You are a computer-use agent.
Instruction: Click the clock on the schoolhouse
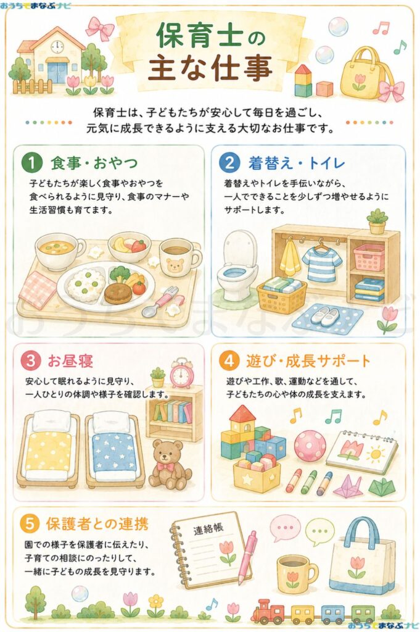tap(57, 46)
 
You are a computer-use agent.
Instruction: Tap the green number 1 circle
tap(32, 163)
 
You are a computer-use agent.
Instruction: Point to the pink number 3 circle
tap(31, 360)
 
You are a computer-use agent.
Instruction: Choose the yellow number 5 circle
tap(30, 523)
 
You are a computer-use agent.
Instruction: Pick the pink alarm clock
tap(182, 373)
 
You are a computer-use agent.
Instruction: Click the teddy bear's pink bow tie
tap(165, 467)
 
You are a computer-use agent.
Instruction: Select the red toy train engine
tap(268, 610)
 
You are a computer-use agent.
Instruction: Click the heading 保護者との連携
tap(97, 523)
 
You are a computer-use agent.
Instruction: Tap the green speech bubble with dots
tap(319, 532)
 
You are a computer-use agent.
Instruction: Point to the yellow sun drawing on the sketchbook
tap(376, 454)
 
